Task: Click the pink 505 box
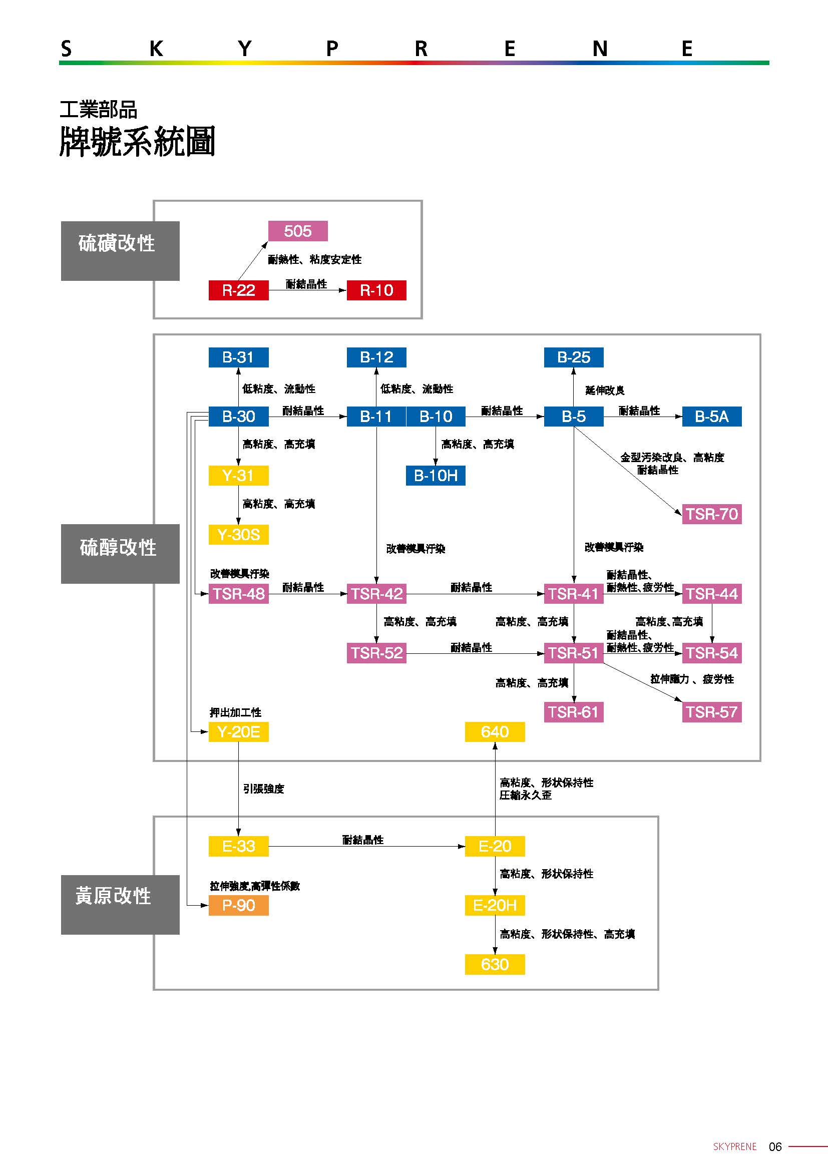pos(298,231)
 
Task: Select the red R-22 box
pos(238,290)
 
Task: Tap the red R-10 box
pos(376,290)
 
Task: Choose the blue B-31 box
pos(238,357)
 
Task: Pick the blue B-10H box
pos(436,475)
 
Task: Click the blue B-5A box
pos(711,416)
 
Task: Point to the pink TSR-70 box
pos(711,514)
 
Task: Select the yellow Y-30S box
pos(238,535)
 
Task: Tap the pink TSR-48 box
pos(238,594)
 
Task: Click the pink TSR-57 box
pos(711,712)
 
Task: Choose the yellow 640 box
pos(495,732)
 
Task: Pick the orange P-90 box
pos(238,905)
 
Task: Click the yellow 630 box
pos(495,964)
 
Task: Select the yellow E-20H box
pos(495,905)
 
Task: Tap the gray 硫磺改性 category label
pos(120,250)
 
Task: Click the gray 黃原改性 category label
pos(120,904)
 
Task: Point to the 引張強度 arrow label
pos(263,789)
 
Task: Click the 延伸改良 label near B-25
pos(605,390)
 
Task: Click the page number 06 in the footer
pos(774,1147)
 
